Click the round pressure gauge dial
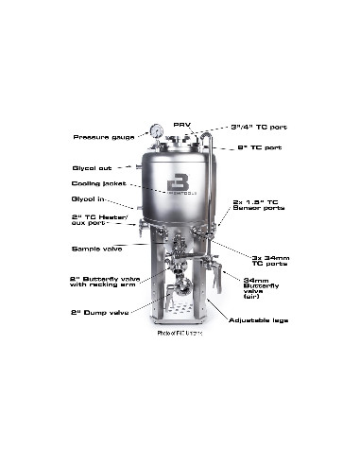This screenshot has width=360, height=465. (x=153, y=131)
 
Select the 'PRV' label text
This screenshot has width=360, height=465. (x=180, y=124)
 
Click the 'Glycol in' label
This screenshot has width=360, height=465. (x=89, y=201)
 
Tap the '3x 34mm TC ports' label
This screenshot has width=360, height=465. (x=271, y=261)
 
